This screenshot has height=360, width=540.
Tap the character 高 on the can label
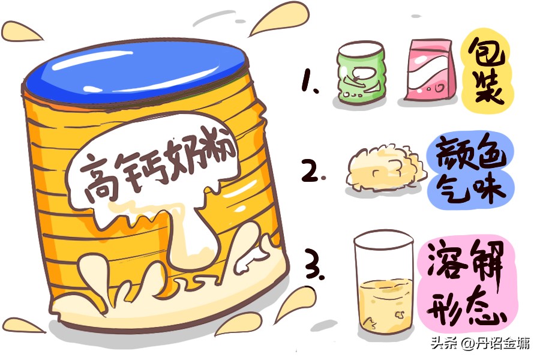99,180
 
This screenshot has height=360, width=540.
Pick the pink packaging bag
430,70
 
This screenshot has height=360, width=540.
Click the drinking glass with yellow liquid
383,284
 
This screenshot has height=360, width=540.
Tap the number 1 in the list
308,80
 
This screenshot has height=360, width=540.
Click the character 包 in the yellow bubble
486,52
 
